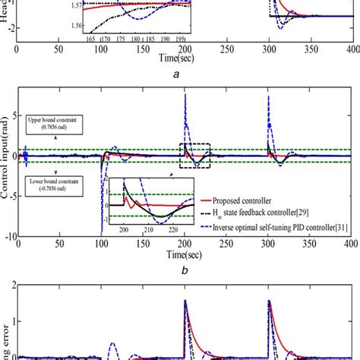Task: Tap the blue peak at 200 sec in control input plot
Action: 185,96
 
